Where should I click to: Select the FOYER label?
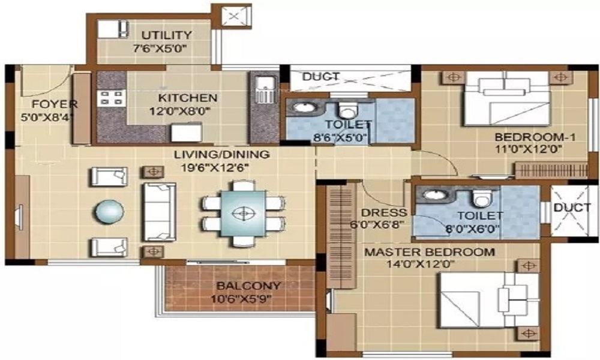pos(46,103)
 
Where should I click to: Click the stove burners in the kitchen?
pos(110,98)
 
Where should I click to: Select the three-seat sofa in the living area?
pos(158,212)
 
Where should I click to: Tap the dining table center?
pos(242,212)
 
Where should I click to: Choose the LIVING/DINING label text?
pos(221,155)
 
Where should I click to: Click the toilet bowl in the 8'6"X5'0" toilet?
pos(348,110)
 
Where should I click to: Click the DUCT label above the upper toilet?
pos(320,77)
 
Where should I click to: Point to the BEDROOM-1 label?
pos(535,137)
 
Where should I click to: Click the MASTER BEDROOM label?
pos(430,252)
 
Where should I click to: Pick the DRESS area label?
pos(384,213)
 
